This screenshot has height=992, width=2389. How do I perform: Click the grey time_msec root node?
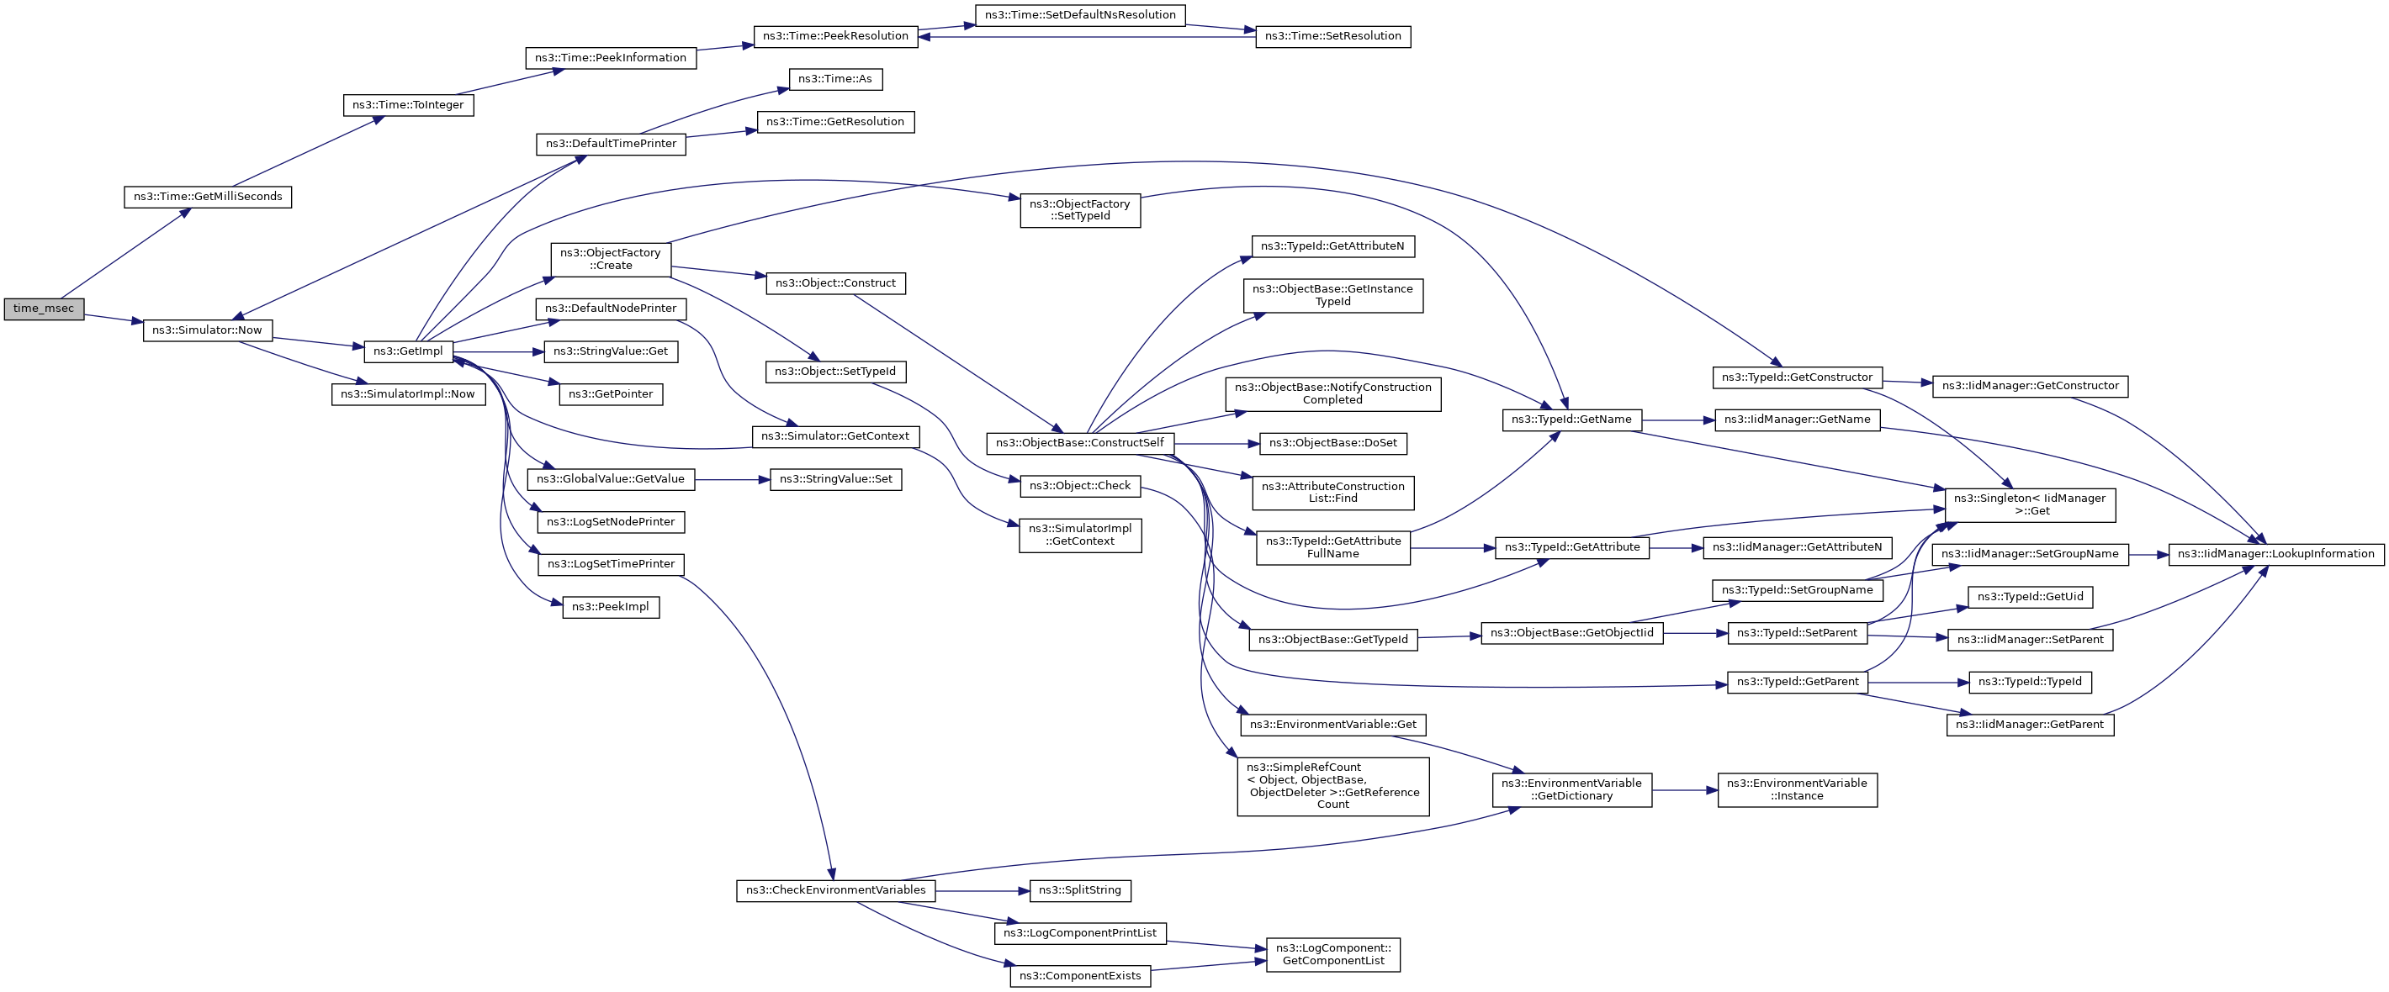(44, 309)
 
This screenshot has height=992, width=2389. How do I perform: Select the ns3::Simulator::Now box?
(207, 330)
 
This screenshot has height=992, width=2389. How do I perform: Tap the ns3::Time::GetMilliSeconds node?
(208, 197)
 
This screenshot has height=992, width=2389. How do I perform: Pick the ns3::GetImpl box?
(408, 351)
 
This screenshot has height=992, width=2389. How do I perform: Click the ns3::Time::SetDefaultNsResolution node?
(1079, 15)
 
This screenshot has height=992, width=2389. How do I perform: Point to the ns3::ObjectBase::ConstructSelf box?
(1079, 443)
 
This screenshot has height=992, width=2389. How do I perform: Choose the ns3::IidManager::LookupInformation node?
(2275, 553)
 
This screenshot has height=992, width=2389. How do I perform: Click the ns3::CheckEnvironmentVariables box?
(835, 890)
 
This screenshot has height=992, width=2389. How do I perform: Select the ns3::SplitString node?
(1079, 890)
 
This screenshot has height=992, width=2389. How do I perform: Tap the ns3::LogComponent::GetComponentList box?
(1332, 954)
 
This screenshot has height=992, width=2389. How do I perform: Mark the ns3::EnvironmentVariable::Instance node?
(1798, 790)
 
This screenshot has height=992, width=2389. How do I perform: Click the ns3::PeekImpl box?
(610, 607)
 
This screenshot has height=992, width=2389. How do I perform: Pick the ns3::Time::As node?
(834, 79)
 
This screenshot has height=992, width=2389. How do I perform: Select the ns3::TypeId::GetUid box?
(2030, 597)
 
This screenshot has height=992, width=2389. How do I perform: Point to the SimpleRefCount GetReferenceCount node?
(1332, 786)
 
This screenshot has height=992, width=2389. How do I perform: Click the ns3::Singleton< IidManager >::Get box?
(2030, 505)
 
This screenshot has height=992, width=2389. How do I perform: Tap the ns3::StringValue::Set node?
(835, 479)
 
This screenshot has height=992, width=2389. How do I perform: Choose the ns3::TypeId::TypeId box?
(2030, 683)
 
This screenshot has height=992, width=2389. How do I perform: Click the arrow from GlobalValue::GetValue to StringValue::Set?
(732, 479)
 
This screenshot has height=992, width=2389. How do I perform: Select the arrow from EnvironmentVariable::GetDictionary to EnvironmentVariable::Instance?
(1684, 790)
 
